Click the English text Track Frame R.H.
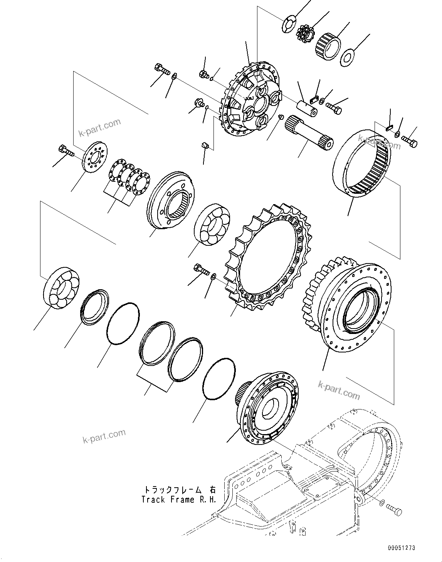[x=178, y=499]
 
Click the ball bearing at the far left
[x=62, y=287]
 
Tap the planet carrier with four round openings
[x=250, y=102]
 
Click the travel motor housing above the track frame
[x=266, y=408]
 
